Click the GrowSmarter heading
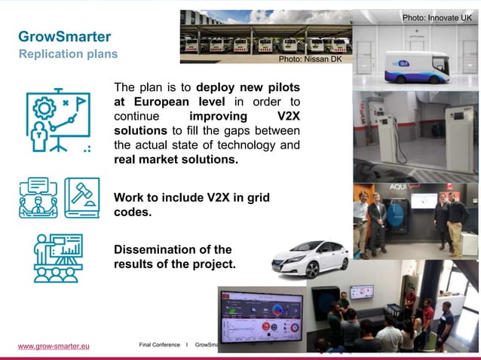click(64, 37)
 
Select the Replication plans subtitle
click(68, 54)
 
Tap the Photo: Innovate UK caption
click(437, 17)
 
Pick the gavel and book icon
click(82, 198)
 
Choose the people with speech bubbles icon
click(38, 198)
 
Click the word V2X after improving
click(283, 117)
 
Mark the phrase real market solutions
click(176, 160)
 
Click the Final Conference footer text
click(160, 345)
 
